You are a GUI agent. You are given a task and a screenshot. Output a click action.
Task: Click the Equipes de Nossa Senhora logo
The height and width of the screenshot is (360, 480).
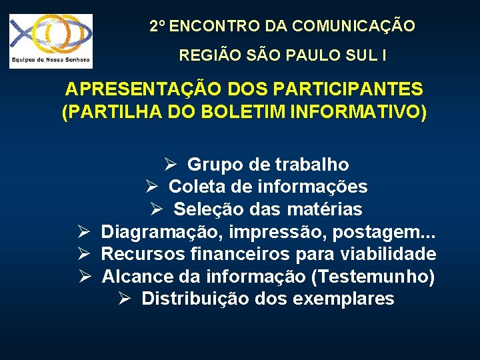(51, 41)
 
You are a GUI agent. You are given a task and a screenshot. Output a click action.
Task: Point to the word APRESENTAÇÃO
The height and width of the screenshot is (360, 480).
(146, 89)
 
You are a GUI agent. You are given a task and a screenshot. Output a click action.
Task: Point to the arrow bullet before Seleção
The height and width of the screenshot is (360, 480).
(157, 209)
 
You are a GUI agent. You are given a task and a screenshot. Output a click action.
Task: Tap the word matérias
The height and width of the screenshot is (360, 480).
(325, 209)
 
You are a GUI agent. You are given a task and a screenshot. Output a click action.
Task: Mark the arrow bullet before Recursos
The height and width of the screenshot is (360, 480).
(84, 254)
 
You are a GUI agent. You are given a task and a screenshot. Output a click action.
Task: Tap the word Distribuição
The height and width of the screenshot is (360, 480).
(196, 298)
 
